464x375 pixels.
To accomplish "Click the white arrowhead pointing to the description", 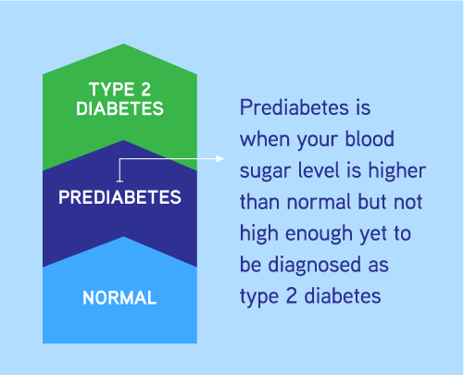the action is point(219,159).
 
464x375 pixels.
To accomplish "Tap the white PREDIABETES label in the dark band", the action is point(119,197).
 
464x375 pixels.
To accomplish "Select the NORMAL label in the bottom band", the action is point(119,298).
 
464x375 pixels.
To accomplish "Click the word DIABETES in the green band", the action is point(119,108).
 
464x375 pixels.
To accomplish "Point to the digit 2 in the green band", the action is point(145,90).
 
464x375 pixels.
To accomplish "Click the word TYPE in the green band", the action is point(111,90).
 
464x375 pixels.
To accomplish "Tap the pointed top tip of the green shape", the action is point(124,44).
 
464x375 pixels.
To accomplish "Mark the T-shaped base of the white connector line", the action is point(119,181).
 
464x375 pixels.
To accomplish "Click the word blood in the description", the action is point(370,139).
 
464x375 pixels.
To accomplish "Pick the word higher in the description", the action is point(397,170).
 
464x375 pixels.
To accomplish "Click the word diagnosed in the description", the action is point(314,266).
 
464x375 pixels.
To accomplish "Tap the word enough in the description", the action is point(319,234).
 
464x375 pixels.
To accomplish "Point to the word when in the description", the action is point(265,139).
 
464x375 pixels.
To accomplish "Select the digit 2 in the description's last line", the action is point(292,295).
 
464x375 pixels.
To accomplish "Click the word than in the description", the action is point(259,202).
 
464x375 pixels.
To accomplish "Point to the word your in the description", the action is point(318,141).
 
